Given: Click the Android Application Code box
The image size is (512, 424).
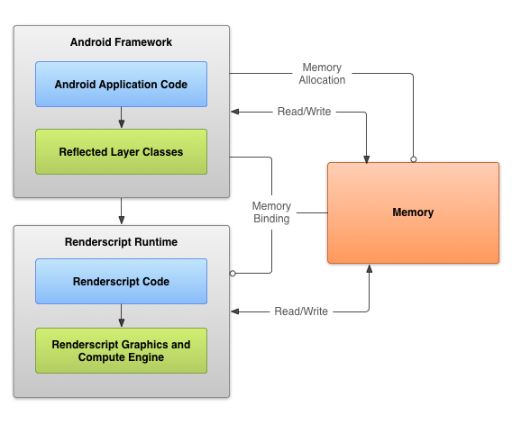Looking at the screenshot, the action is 121,84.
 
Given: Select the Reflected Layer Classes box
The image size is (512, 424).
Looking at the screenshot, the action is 121,151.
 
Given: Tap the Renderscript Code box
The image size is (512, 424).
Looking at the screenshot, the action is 121,281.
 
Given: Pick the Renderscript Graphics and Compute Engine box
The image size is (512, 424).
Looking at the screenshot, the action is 121,350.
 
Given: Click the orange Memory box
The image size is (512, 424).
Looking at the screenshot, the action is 413,212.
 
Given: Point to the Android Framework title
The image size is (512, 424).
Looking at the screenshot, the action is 121,42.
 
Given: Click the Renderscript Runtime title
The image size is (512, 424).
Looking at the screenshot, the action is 121,242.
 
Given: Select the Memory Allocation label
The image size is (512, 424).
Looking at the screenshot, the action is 322,74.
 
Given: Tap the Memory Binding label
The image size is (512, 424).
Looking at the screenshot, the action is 271,212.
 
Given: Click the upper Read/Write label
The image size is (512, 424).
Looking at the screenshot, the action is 304,112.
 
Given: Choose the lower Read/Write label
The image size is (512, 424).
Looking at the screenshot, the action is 301,311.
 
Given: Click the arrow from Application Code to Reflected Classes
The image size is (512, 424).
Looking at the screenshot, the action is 122,117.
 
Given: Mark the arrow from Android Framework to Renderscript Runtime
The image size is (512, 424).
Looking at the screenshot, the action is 122,211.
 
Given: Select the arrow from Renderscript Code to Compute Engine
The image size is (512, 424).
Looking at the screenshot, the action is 122,315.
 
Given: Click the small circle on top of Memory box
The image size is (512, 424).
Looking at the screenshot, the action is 414,159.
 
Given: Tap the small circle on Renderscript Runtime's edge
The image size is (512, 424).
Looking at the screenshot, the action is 233,274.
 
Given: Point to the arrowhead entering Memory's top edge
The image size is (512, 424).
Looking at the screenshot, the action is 366,158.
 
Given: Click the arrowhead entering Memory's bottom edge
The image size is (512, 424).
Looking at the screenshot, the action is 370,268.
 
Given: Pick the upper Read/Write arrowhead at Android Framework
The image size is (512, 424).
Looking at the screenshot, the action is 234,112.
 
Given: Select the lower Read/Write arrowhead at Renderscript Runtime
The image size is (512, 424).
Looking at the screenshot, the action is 234,311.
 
